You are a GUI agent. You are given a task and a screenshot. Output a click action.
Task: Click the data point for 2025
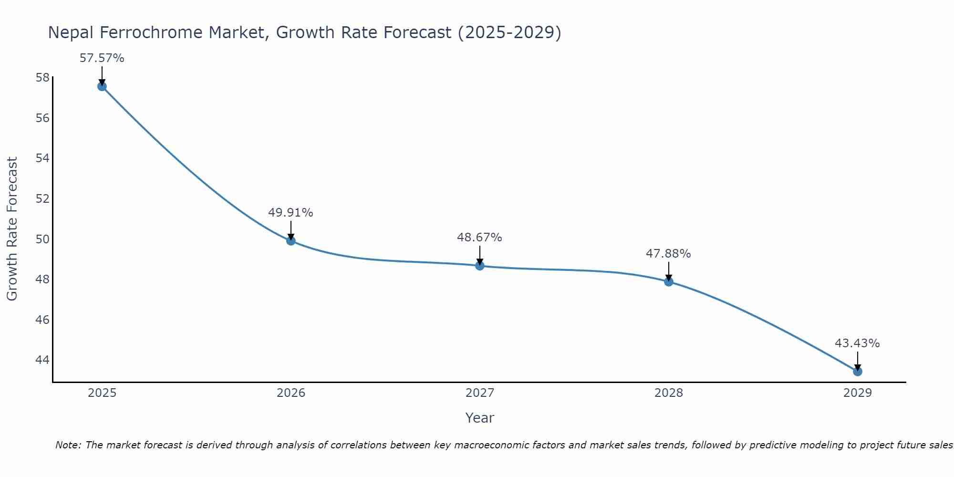coord(102,86)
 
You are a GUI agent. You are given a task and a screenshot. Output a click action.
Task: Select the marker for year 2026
coord(291,241)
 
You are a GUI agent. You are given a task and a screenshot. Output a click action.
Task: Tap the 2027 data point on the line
coord(480,266)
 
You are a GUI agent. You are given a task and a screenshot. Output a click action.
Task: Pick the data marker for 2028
coord(669,281)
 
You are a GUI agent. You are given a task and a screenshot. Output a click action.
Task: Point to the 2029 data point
coord(858,371)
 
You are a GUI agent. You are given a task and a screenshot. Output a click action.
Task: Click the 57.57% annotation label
coord(102,58)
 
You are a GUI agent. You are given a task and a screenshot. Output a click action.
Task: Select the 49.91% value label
coord(290,213)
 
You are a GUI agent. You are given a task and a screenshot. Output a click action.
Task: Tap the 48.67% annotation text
coord(479,238)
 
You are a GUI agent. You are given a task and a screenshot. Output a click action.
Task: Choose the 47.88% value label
coord(668,254)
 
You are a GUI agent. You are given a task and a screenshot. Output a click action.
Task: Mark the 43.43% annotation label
coord(857,343)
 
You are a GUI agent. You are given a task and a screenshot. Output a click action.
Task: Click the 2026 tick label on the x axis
coord(291,393)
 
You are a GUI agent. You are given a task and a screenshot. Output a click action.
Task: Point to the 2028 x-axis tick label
coord(669,393)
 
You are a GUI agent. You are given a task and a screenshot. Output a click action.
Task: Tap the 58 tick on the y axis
coord(42,77)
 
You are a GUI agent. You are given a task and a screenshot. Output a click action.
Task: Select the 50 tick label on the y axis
coord(42,239)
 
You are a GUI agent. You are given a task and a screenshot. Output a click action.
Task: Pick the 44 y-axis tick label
coord(42,360)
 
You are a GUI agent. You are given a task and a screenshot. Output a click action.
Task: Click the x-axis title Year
coord(479,418)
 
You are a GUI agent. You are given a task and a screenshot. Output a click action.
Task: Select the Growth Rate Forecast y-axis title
coord(12,229)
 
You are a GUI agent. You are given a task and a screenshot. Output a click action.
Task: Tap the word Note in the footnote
coord(68,445)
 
